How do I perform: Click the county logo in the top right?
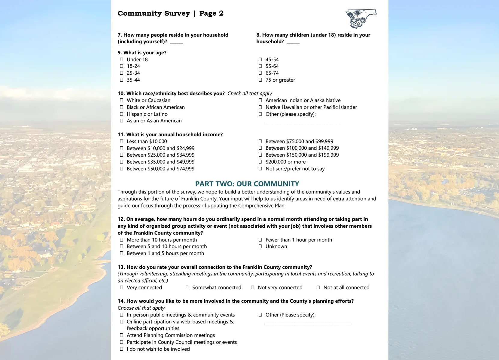(x=361, y=18)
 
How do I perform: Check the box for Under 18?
(x=122, y=59)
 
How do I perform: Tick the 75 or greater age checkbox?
(x=260, y=80)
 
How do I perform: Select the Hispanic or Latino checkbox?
(x=122, y=114)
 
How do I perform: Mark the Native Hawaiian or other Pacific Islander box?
(x=260, y=107)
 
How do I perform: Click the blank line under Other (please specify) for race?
(x=303, y=121)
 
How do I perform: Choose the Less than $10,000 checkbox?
(x=122, y=141)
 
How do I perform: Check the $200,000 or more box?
(x=260, y=162)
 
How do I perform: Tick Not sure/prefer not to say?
(x=260, y=169)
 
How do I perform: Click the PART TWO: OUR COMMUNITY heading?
(x=247, y=184)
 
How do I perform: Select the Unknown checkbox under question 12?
(x=260, y=246)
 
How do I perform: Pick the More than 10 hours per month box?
(x=122, y=240)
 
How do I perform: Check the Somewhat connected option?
(x=187, y=287)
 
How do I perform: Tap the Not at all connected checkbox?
(x=318, y=287)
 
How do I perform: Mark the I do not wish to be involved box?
(x=122, y=349)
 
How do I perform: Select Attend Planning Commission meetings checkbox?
(x=122, y=335)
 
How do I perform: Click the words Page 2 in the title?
(x=211, y=13)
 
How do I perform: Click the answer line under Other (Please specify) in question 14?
(x=308, y=322)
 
